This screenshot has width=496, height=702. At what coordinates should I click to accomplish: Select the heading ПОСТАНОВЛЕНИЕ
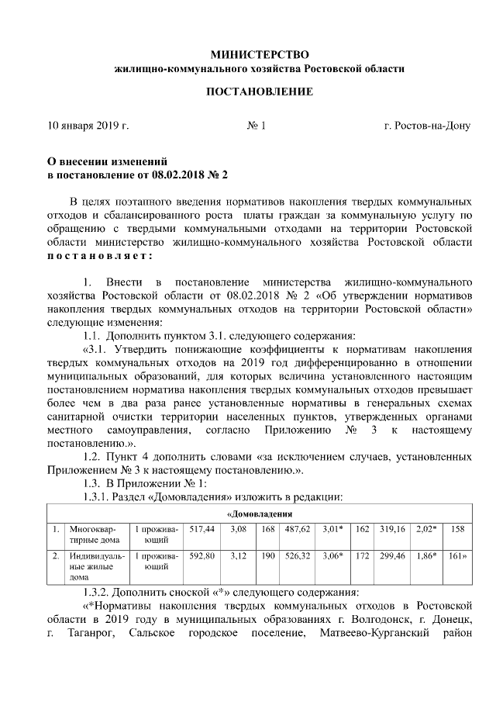click(259, 92)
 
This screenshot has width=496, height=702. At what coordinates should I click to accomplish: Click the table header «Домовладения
click(259, 514)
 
